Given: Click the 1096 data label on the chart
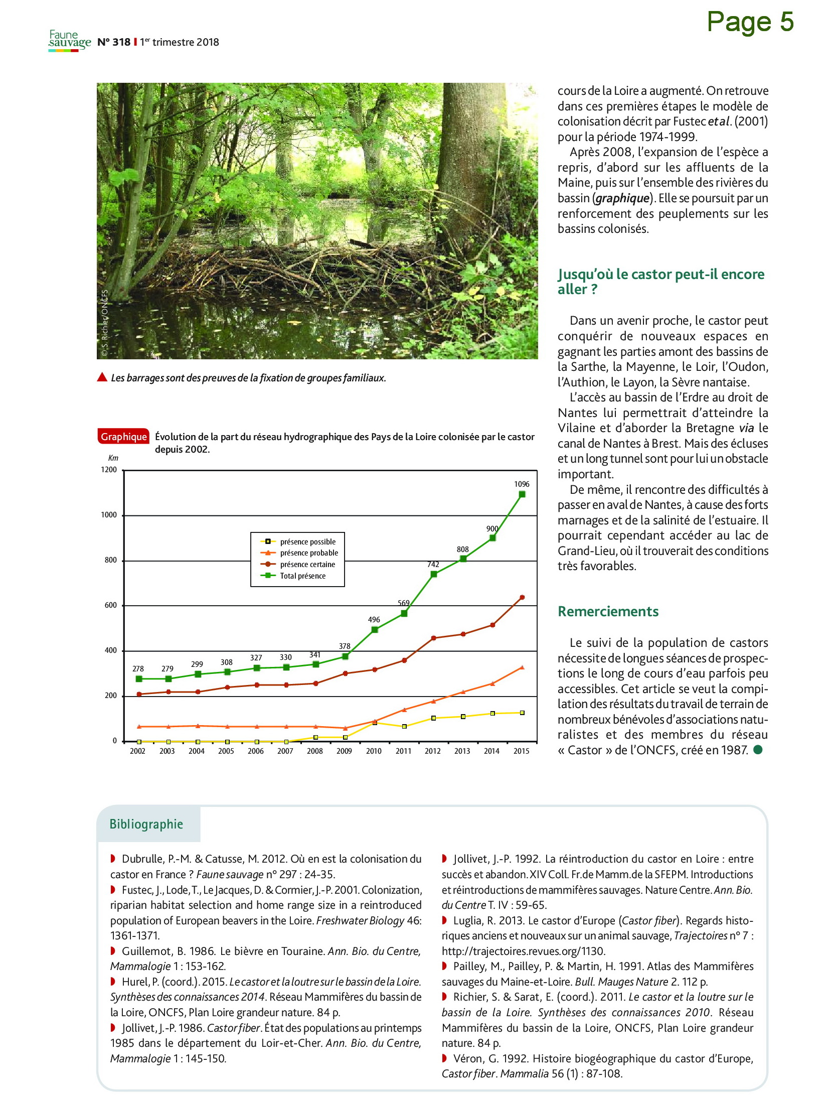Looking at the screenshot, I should (521, 484).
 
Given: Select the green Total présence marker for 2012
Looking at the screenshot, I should (434, 574).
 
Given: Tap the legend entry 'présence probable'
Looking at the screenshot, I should (309, 553).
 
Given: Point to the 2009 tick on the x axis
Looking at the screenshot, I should (344, 751).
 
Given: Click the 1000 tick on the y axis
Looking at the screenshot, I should (109, 515).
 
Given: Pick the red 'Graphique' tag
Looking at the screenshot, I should (123, 437).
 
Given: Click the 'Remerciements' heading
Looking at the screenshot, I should (608, 611).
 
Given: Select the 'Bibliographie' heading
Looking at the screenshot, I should (146, 824).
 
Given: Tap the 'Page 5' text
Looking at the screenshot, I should (750, 22).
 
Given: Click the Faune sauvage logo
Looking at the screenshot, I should (70, 41).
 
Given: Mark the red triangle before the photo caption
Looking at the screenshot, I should (102, 377).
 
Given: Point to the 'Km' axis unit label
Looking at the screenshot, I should (113, 458).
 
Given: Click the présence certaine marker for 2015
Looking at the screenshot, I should (522, 597).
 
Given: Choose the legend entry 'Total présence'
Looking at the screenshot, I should (302, 576).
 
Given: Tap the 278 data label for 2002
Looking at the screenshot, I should (138, 669).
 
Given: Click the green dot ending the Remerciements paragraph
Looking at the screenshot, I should (758, 750).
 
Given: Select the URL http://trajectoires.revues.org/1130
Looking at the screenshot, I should (524, 951).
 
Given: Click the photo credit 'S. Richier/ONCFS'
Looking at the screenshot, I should (104, 323).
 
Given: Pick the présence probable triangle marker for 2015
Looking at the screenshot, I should (522, 667).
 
